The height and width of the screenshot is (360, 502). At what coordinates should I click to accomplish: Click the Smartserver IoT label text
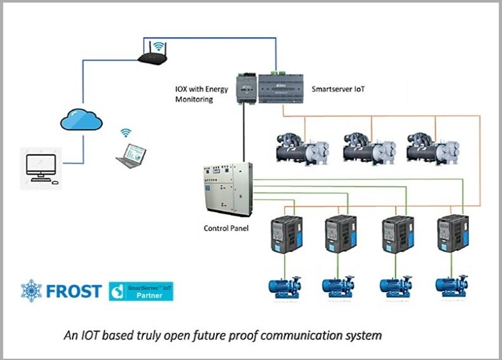click(338, 88)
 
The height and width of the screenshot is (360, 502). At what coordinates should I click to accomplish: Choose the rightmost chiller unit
click(432, 148)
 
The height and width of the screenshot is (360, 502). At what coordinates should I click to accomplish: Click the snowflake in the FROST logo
click(31, 291)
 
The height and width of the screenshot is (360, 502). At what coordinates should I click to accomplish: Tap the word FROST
click(74, 291)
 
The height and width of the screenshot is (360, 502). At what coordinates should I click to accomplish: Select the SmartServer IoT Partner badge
click(141, 291)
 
